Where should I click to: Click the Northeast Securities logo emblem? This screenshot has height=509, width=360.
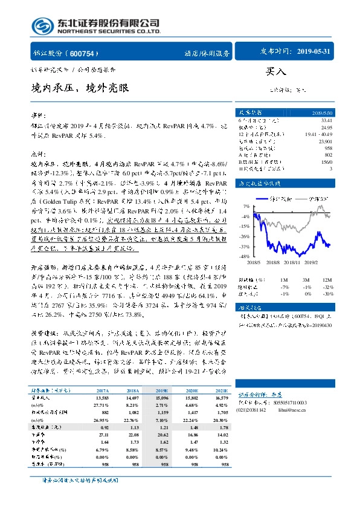pyautogui.click(x=42, y=25)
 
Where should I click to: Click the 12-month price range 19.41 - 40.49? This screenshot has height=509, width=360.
pyautogui.click(x=319, y=134)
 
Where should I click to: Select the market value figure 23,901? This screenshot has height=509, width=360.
pyautogui.click(x=325, y=141)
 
